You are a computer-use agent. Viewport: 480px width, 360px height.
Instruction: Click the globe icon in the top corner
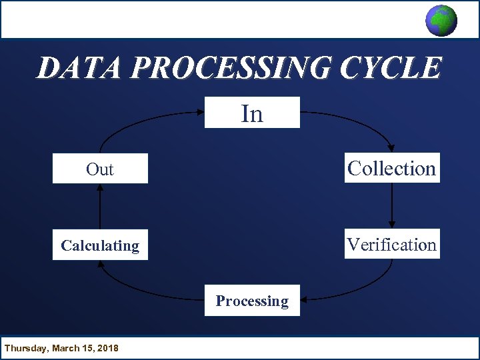tap(441, 20)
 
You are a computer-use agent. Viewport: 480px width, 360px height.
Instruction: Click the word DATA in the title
tap(81, 68)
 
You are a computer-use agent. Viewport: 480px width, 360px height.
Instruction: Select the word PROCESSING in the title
tap(232, 68)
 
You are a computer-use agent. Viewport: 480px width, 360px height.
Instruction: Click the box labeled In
tap(252, 113)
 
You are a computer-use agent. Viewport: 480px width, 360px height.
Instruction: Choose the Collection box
tap(392, 169)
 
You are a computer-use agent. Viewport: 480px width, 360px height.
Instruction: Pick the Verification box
tap(392, 245)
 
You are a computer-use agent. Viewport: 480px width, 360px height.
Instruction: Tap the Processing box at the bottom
tap(252, 301)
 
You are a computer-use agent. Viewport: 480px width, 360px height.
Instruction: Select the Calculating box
tap(100, 245)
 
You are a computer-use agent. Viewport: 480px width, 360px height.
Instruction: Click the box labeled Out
tap(100, 169)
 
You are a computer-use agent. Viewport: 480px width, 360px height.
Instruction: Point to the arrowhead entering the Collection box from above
tap(390, 149)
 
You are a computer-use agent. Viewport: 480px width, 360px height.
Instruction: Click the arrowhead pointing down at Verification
tap(392, 225)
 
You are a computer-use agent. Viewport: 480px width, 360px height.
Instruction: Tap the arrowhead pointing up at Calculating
tap(101, 263)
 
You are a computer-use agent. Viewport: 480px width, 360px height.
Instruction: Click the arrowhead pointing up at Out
tap(100, 188)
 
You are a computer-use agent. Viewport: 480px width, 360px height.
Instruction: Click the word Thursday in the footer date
tap(25, 348)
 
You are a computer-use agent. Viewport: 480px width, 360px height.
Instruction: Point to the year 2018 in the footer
tap(107, 348)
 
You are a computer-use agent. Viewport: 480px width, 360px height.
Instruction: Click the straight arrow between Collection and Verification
tap(392, 203)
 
